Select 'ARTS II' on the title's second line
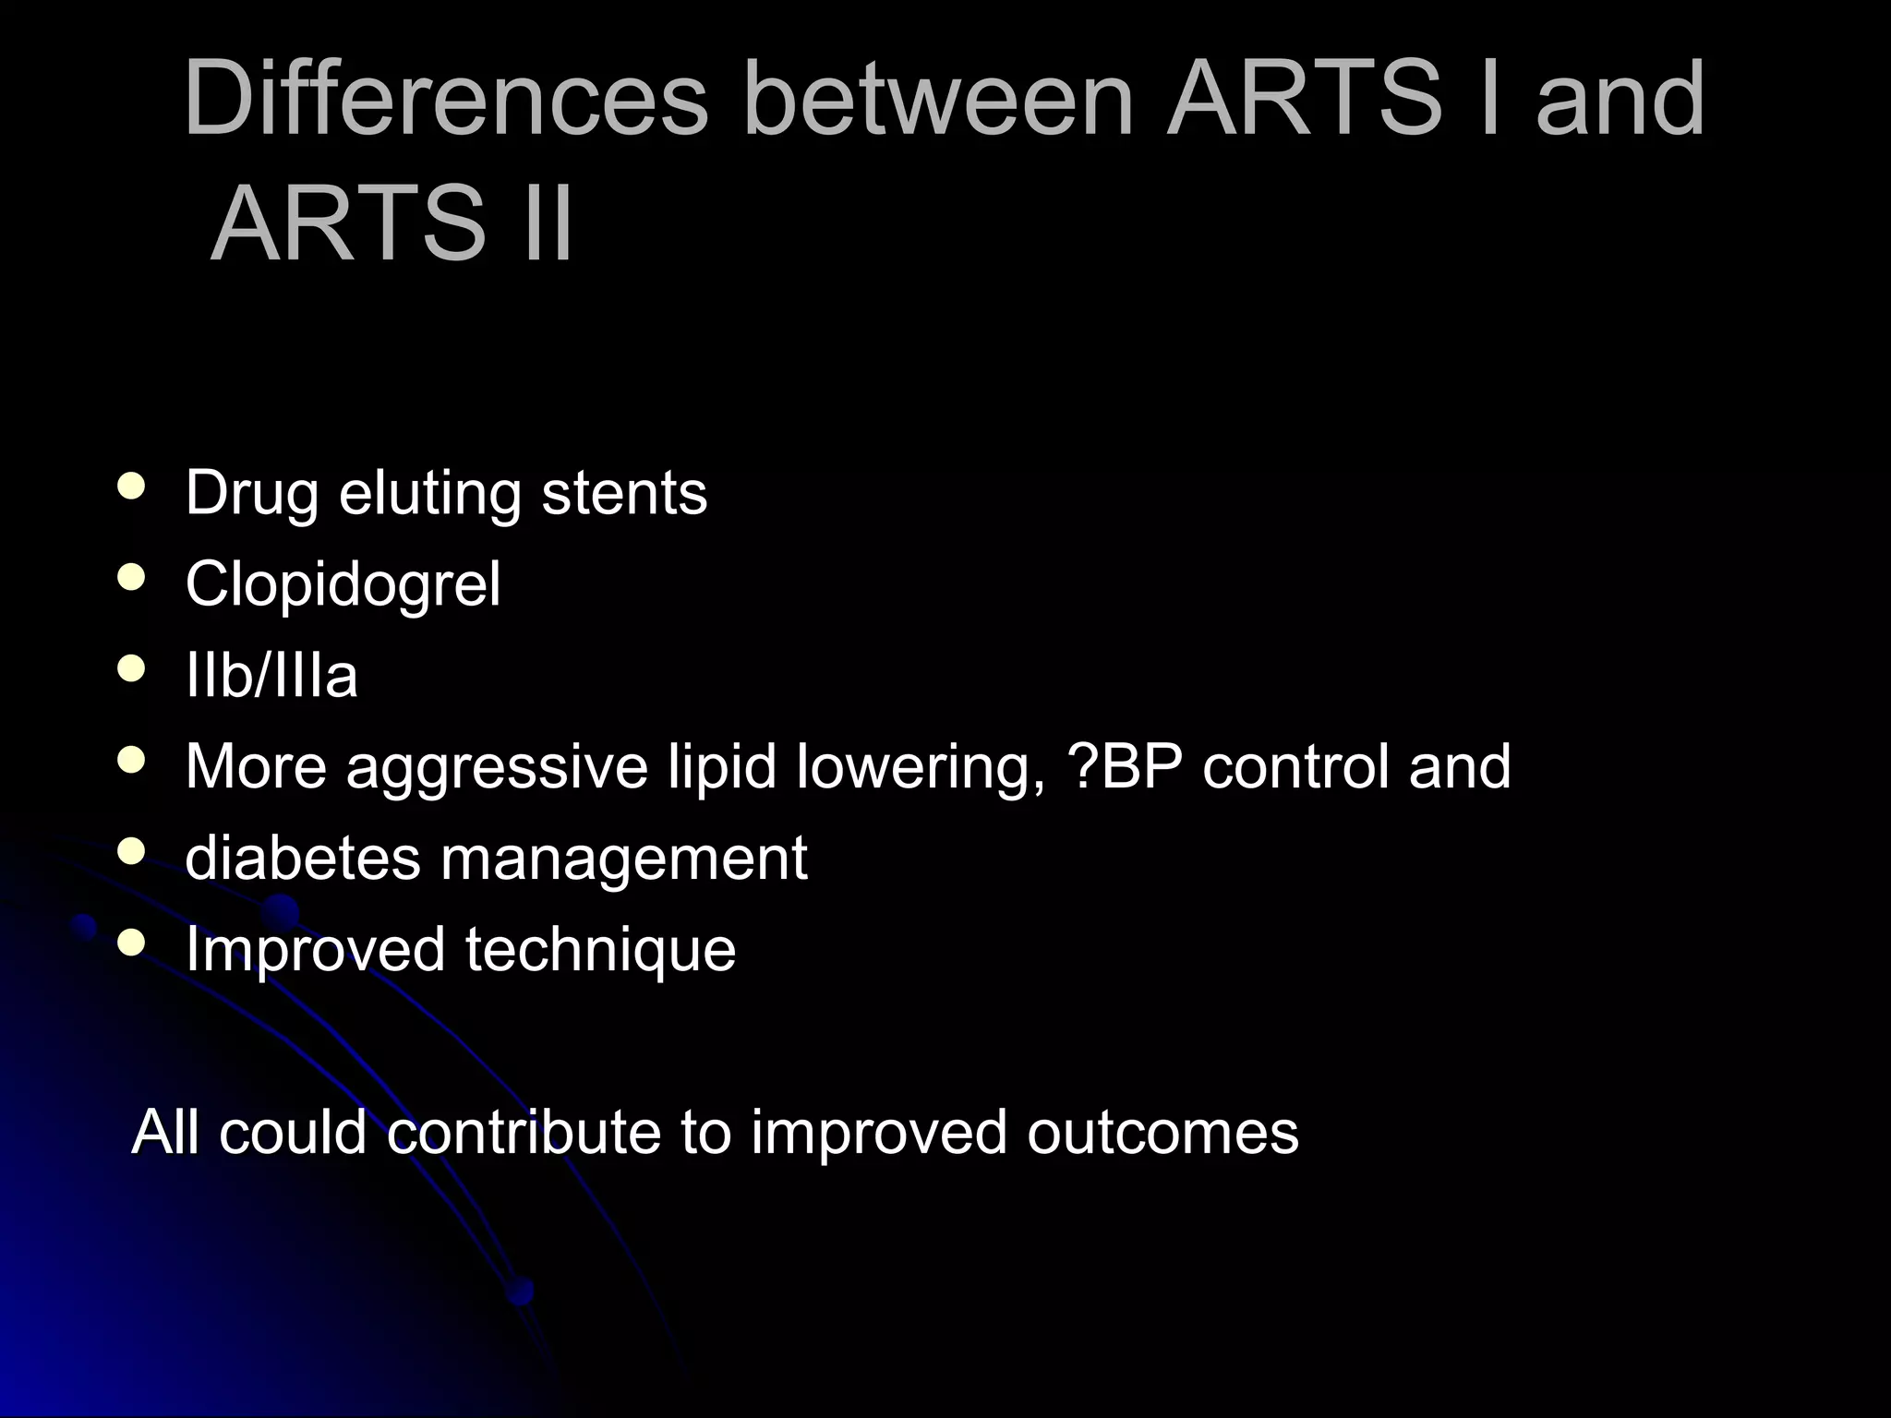392,224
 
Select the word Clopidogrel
343,584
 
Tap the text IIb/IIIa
271,675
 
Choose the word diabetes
303,858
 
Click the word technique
600,950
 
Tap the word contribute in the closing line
524,1132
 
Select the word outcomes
1162,1132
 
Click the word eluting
429,494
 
